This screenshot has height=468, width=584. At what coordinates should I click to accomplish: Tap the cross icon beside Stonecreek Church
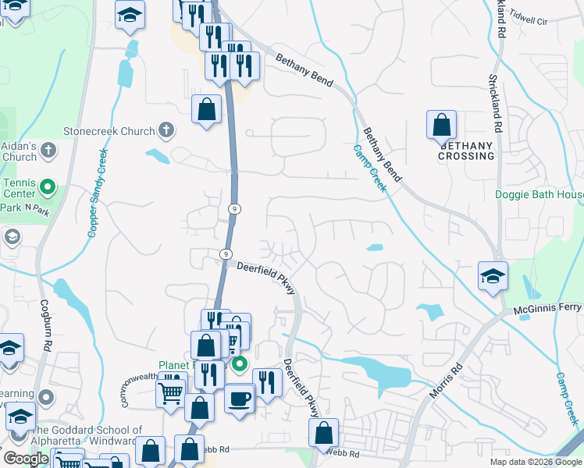[166, 130]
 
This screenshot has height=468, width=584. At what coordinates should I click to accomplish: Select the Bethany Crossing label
[467, 151]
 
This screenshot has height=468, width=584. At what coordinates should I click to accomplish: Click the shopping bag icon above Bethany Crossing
[441, 125]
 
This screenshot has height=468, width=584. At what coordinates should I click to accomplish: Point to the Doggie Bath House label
[539, 194]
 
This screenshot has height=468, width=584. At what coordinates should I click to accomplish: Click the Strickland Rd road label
[494, 101]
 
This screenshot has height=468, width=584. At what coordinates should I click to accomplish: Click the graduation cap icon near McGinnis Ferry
[493, 276]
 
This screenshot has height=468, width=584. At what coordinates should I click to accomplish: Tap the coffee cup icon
[240, 398]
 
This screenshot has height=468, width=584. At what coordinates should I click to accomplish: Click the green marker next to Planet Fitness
[240, 363]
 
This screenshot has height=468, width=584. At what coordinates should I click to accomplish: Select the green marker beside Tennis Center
[47, 187]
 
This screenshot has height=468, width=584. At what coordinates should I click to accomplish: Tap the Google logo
[25, 459]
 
